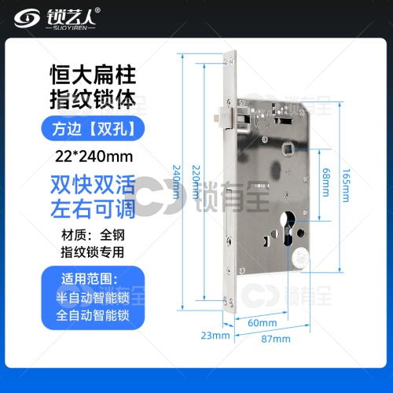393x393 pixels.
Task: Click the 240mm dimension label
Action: pos(176,182)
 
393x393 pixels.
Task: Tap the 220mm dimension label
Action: pos(196,182)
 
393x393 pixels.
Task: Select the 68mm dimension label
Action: pos(325,182)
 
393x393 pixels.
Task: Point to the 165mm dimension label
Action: pos(346,185)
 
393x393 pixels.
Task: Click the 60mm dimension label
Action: pos(263,323)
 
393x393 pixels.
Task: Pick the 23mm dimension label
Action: pos(215,336)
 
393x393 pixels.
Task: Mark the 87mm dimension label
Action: pos(276,339)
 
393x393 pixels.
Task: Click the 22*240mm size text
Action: pos(94,156)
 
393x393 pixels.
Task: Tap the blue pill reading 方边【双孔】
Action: pos(93,128)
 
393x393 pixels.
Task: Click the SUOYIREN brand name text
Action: pos(70,28)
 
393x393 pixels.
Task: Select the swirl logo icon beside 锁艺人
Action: pos(27,18)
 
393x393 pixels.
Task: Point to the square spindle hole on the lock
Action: pos(288,149)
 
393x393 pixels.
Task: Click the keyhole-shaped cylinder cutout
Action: pos(288,228)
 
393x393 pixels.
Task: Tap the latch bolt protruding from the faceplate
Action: pos(224,118)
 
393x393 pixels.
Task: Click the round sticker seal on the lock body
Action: pos(301,258)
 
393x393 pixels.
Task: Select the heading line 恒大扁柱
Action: pos(93,75)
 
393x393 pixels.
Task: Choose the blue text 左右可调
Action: pos(93,209)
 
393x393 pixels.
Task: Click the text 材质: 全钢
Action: pos(93,235)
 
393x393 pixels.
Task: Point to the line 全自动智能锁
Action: pos(93,315)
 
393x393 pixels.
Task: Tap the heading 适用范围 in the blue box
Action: pos(90,279)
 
